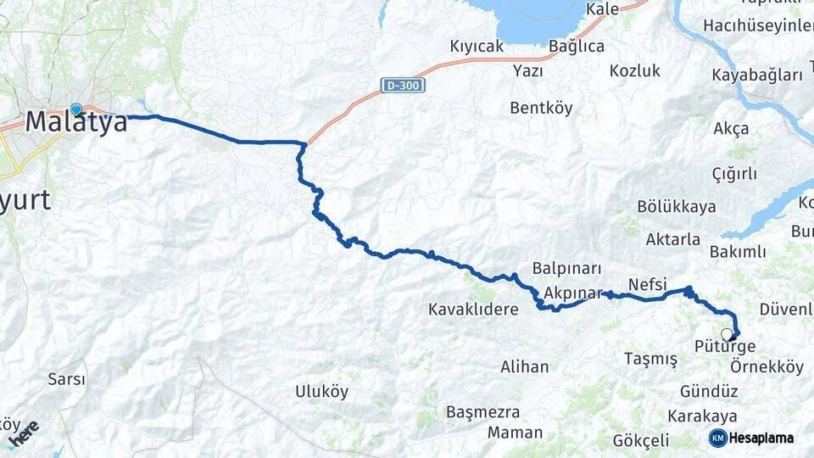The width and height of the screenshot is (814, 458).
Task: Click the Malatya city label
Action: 76,123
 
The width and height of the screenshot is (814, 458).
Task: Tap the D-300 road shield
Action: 403,85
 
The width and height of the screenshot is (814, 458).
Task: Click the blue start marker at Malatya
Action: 76,109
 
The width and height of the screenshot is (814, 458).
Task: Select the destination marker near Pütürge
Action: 727,334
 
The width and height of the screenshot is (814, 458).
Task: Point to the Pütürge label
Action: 724,348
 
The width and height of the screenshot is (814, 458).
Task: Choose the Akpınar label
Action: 573,293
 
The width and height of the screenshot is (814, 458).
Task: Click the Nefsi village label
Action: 648,283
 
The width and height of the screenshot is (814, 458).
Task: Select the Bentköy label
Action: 541,108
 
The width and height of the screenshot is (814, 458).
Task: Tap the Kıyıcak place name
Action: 477,47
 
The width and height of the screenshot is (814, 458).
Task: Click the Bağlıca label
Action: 577,47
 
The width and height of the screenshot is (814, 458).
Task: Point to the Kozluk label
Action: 634,71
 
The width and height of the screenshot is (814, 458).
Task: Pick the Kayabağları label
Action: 757,75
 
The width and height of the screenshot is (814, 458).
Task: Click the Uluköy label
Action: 321,391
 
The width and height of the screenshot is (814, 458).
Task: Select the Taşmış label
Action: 650,359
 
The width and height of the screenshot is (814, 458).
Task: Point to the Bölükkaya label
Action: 676,207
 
